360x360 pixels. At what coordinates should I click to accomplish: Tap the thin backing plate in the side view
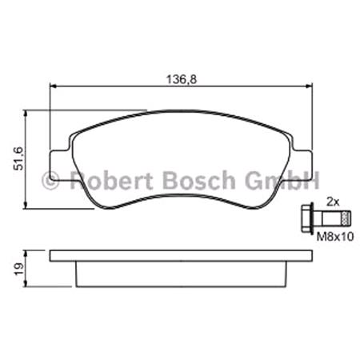(x=179, y=256)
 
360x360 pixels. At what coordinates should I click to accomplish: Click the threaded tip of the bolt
(x=345, y=217)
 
